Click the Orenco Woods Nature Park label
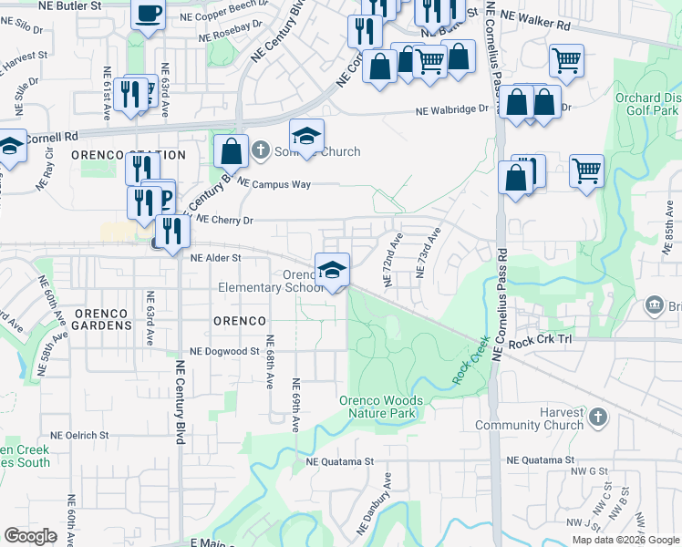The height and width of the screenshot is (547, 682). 381,407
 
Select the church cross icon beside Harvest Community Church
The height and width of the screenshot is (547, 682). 597,418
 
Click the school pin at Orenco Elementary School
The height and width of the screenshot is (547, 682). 332,269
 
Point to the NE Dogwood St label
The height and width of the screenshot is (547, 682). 224,351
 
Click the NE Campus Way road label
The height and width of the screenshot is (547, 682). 274,184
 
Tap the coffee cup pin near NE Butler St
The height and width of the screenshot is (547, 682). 149,15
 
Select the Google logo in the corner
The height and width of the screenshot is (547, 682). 30,536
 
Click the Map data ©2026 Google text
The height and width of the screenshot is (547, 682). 625,539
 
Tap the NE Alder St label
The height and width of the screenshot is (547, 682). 214,258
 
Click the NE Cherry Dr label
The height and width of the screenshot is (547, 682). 224,220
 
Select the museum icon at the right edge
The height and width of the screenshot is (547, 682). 654,304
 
